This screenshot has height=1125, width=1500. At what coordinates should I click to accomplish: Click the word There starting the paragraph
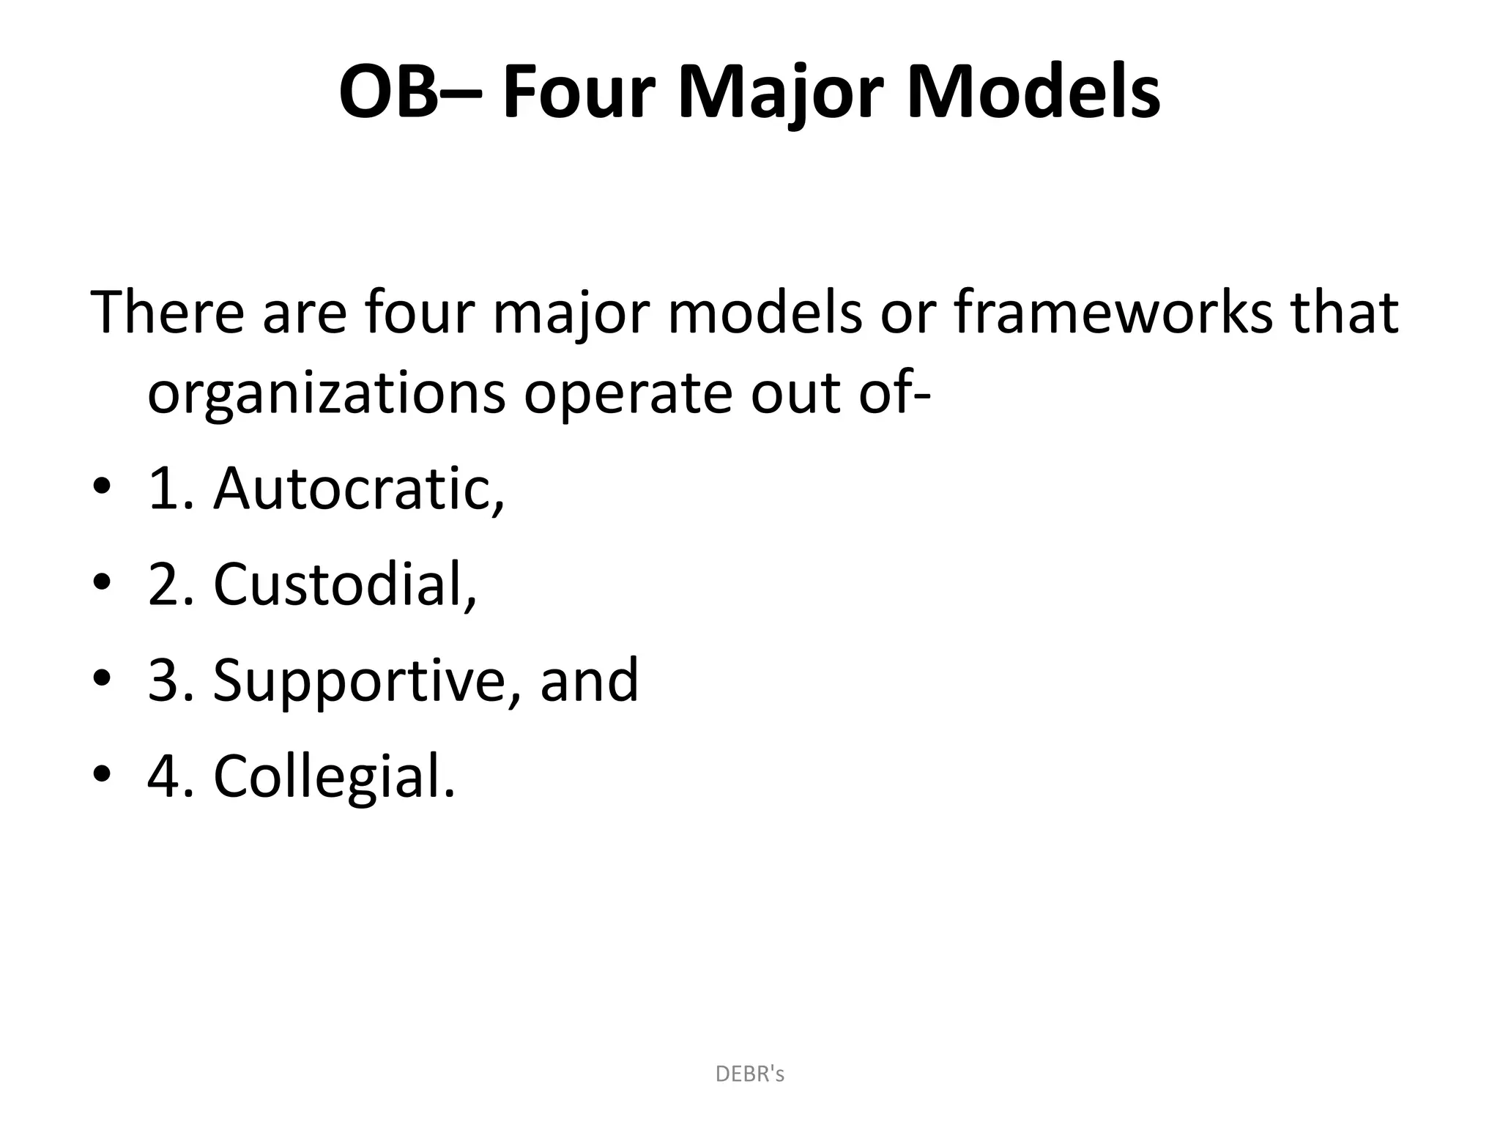pos(167,312)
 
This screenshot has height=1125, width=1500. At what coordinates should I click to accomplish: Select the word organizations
pos(326,394)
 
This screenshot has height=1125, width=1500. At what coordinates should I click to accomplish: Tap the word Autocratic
pos(358,489)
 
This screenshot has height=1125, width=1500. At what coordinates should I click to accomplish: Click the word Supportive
pos(366,680)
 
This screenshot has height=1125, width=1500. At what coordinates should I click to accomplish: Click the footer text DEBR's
pos(749,1074)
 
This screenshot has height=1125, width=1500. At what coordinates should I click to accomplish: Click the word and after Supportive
pos(589,680)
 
